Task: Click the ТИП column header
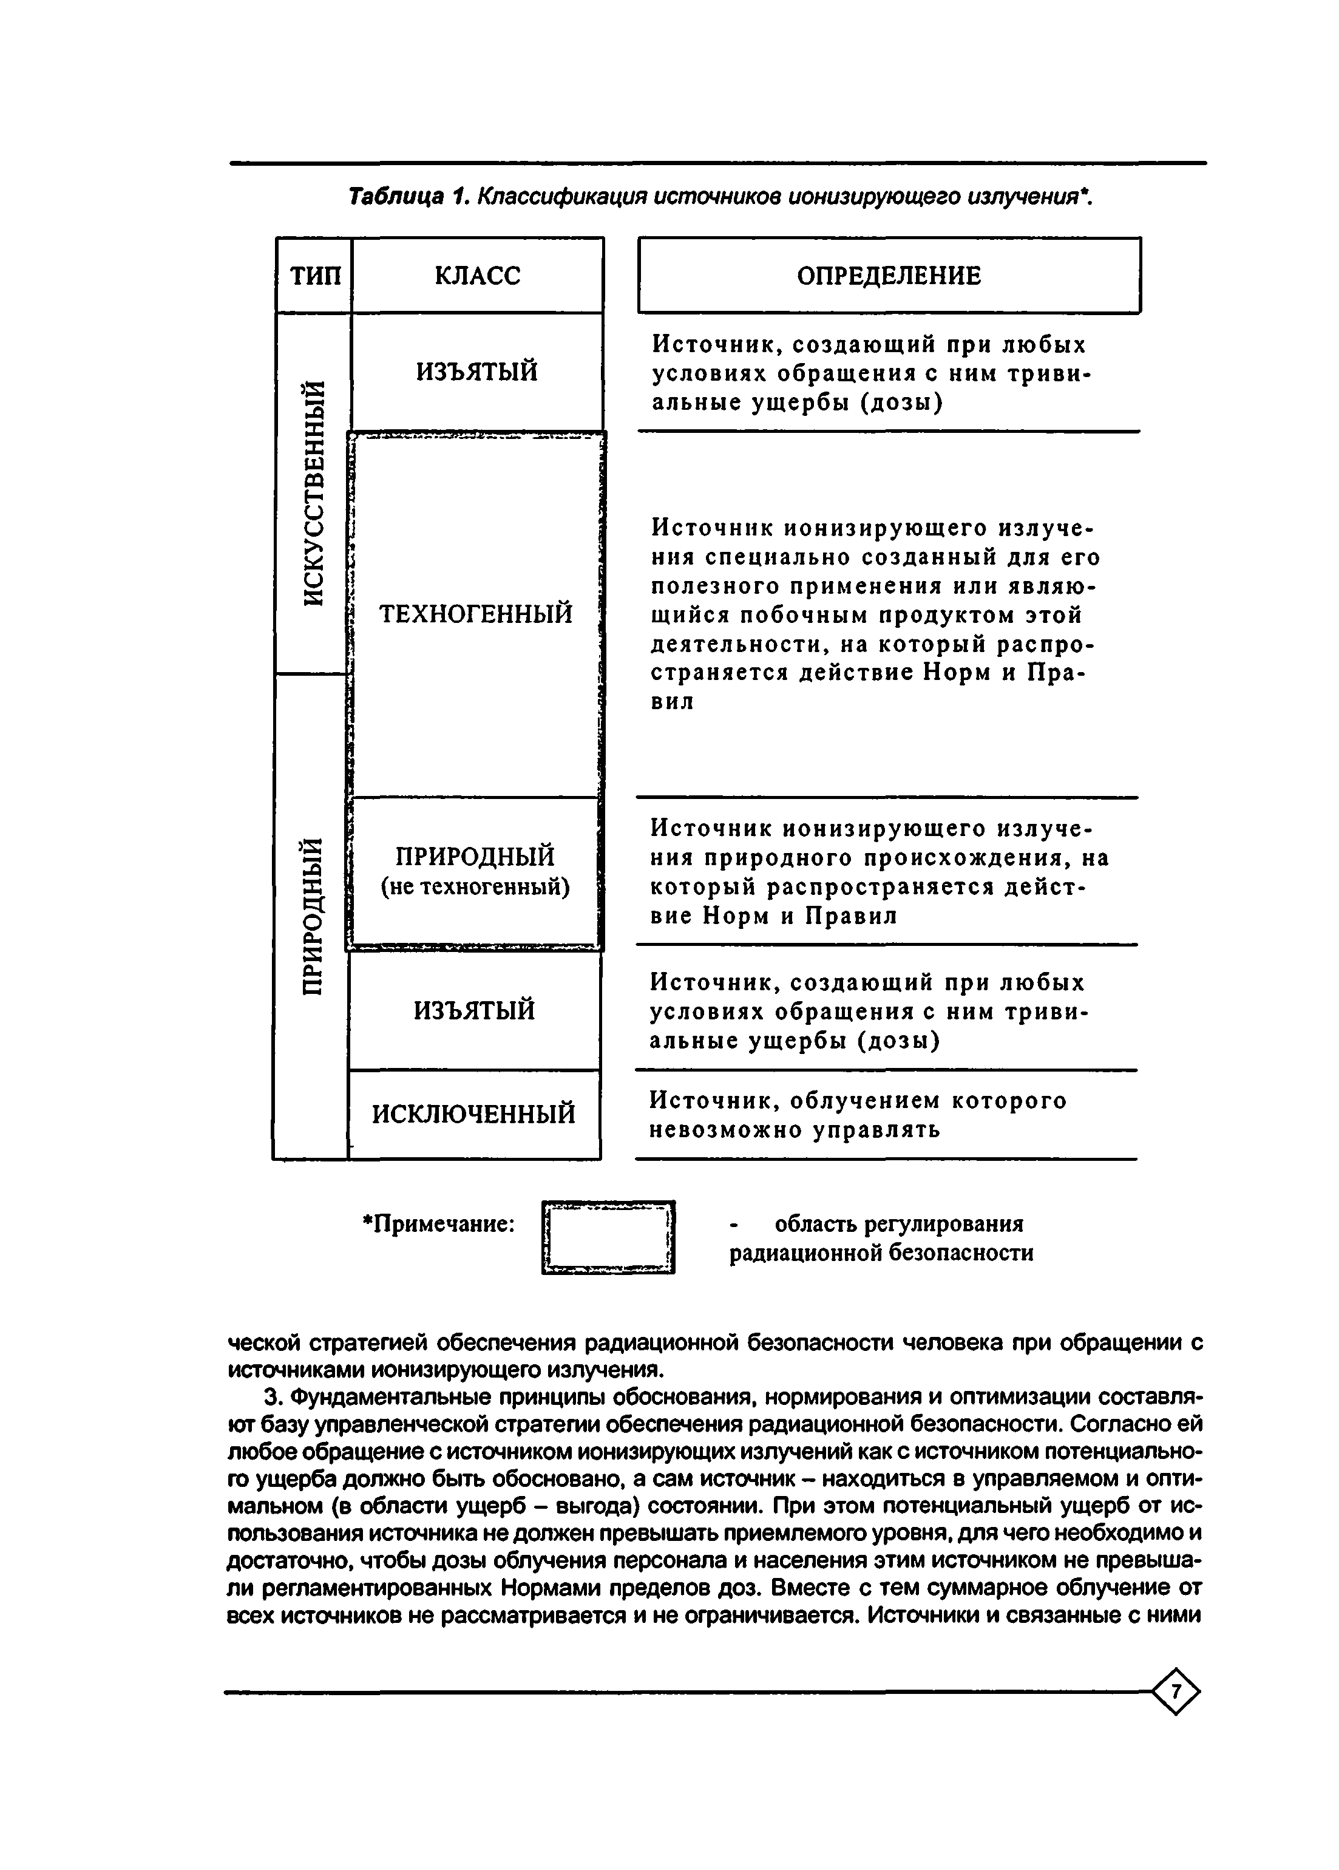click(x=315, y=276)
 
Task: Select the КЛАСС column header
click(x=477, y=276)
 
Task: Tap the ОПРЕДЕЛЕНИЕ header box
click(x=889, y=276)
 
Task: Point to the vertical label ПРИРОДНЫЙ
click(x=311, y=915)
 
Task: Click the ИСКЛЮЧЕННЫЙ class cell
click(x=474, y=1114)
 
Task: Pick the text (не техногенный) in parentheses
click(x=475, y=887)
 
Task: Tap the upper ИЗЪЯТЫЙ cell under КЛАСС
click(x=476, y=372)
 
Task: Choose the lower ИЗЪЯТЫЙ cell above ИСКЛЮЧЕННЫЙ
click(x=474, y=1010)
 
